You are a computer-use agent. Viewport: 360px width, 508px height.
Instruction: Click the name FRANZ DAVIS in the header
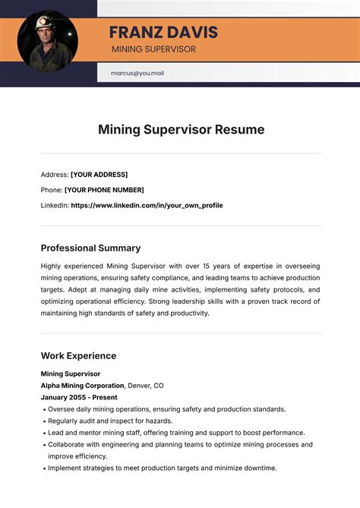pos(163,33)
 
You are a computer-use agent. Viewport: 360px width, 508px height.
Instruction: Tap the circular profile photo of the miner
pos(48,41)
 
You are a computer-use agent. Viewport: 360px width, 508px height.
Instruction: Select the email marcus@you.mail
pos(137,74)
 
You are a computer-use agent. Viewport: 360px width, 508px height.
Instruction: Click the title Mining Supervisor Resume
pos(181,130)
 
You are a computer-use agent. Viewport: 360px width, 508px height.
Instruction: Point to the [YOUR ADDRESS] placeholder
pos(99,175)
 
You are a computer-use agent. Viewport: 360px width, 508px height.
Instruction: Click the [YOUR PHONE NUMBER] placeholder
pos(104,190)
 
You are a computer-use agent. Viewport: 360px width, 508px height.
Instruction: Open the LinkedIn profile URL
pos(147,205)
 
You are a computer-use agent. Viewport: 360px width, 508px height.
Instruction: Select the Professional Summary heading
pos(90,248)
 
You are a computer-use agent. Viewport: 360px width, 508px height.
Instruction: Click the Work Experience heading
pos(78,355)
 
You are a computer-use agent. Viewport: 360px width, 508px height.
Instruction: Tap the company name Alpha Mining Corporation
pos(82,385)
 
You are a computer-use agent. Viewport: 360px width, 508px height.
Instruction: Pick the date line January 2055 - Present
pos(80,397)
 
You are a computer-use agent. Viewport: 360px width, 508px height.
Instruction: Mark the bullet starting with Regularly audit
pos(110,421)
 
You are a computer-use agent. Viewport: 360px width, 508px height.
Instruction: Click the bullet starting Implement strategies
pos(162,468)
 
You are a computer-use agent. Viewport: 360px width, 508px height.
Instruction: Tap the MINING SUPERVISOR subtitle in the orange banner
pos(153,49)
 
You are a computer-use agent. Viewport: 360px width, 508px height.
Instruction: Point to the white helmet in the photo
pos(45,24)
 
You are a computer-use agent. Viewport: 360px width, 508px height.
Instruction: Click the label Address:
pos(54,175)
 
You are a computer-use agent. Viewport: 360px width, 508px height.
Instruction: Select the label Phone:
pos(51,190)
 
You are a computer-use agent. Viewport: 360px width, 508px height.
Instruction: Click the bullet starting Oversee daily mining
pos(166,409)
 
